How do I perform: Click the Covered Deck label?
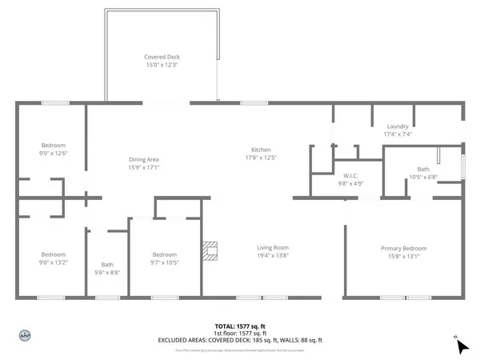[x=161, y=57]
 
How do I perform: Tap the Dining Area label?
[x=145, y=159]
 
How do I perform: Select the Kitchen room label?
[x=261, y=150]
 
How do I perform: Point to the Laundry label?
[x=398, y=126]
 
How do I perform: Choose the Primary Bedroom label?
[x=403, y=248]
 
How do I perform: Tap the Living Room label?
[x=273, y=247]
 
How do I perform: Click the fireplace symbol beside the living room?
[x=210, y=252]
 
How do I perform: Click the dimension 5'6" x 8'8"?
[x=107, y=273]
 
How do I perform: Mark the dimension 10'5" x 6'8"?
[x=422, y=177]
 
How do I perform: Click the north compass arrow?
[x=461, y=346]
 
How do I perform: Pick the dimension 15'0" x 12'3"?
[x=161, y=65]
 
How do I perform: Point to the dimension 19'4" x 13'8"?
[x=273, y=255]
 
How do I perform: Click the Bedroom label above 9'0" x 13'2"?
[x=53, y=254]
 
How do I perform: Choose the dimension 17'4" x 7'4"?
[x=398, y=134]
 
